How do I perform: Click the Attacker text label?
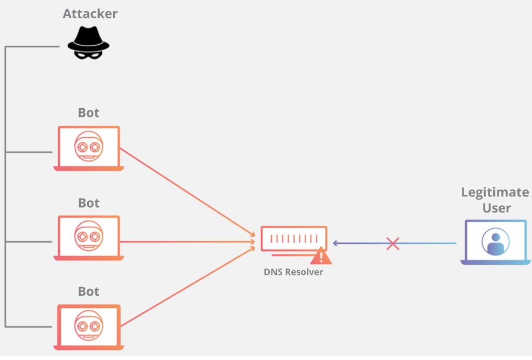point(90,13)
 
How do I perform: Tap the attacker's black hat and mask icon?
point(88,44)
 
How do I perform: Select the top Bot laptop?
point(89,149)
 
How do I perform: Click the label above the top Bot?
point(89,113)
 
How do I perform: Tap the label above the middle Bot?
point(89,203)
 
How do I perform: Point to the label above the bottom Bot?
point(89,292)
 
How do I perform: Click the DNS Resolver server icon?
point(293,239)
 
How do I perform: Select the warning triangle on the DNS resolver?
point(321,257)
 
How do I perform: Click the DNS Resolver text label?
point(293,272)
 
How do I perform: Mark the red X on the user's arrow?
point(393,244)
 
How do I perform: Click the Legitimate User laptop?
point(494,242)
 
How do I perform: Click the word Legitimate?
point(495,192)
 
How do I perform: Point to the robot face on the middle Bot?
point(88,236)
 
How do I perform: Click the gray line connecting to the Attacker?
point(32,47)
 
